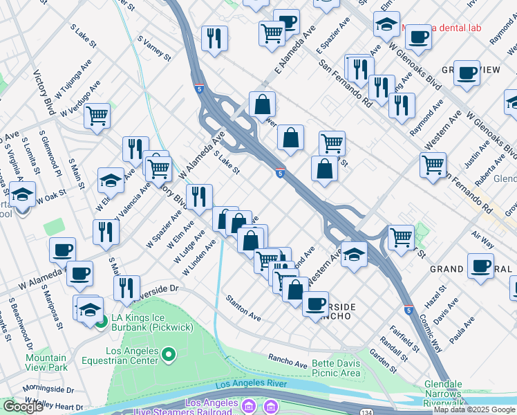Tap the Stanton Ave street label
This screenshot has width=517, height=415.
click(243, 308)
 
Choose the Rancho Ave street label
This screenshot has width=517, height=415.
click(288, 360)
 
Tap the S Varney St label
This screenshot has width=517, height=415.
click(154, 48)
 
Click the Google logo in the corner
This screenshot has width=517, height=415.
click(23, 407)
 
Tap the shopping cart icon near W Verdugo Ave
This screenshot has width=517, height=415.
click(97, 116)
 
